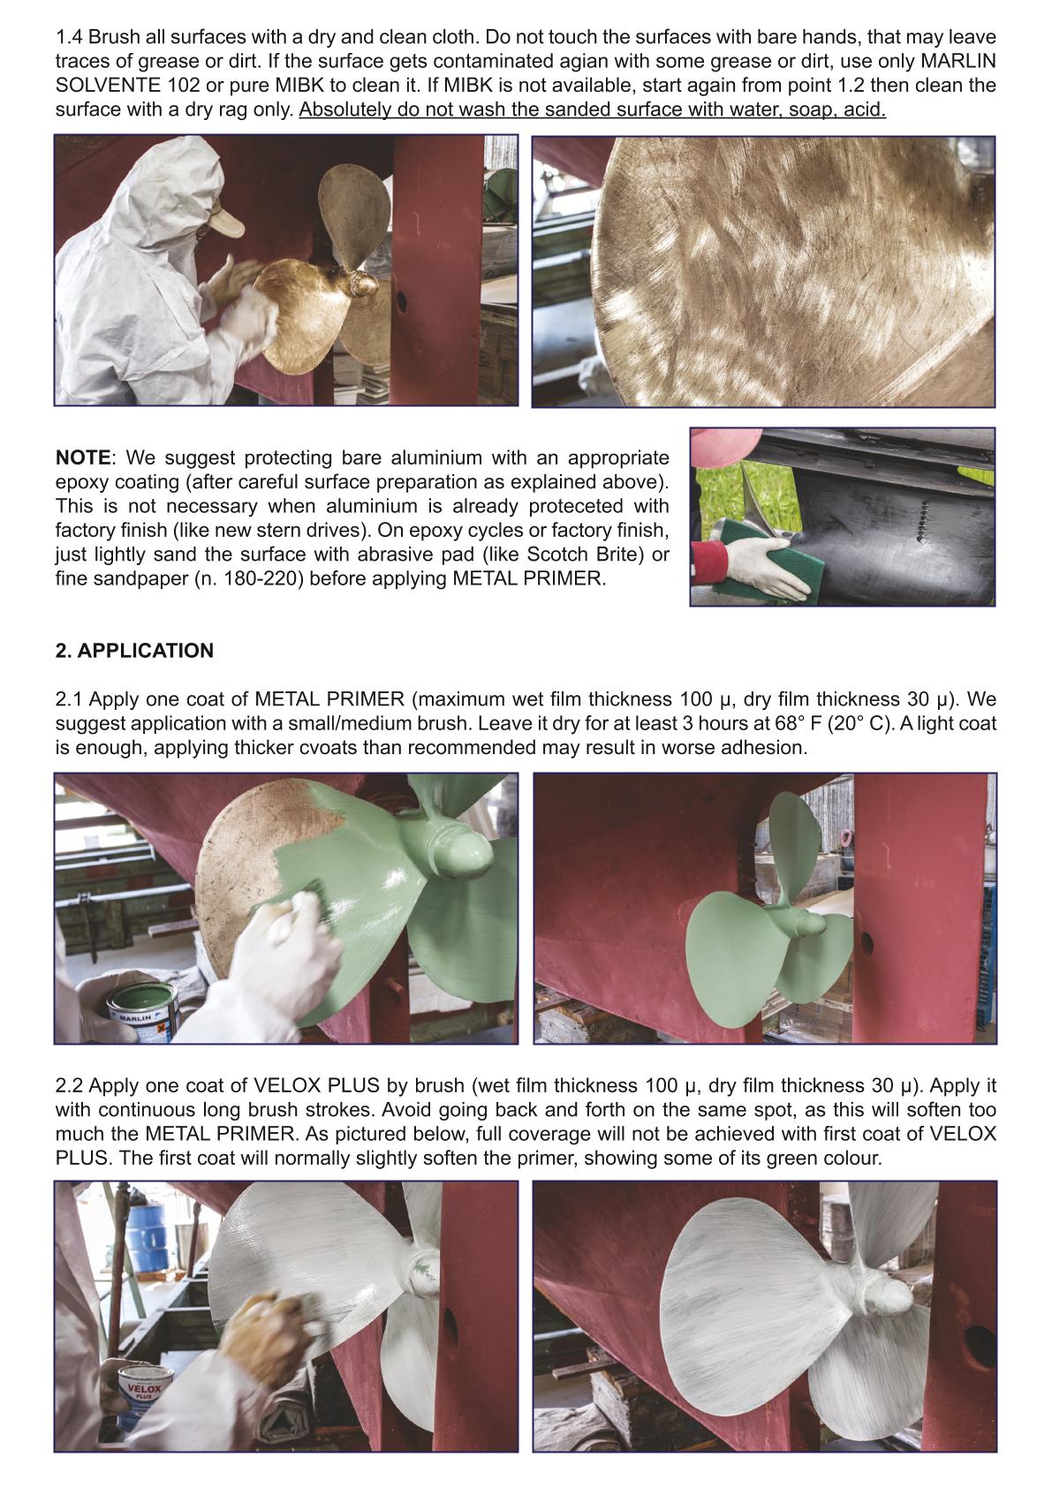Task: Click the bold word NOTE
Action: [x=83, y=457]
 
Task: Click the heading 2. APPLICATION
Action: [x=134, y=651]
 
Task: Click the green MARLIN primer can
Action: [x=143, y=1011]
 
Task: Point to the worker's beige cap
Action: [x=225, y=218]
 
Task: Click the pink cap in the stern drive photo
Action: [x=724, y=444]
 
